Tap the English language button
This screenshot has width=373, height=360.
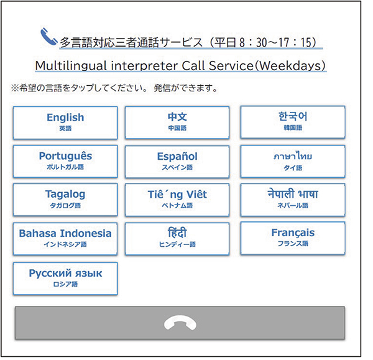click(x=65, y=122)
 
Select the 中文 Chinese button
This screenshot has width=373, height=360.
click(x=177, y=122)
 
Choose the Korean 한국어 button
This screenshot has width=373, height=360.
click(x=293, y=122)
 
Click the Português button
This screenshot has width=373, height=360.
click(x=65, y=161)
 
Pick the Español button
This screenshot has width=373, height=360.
click(x=177, y=162)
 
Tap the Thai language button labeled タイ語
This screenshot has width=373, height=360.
click(x=293, y=162)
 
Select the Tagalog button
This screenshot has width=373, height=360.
click(x=65, y=200)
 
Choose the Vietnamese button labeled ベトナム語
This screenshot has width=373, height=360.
click(x=177, y=200)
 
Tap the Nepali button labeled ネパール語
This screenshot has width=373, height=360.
click(x=293, y=200)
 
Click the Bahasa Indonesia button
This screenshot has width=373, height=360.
click(x=65, y=239)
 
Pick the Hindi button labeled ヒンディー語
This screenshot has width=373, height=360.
click(x=177, y=239)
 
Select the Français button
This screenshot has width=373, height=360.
click(x=293, y=238)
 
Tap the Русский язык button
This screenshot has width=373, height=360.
click(x=65, y=279)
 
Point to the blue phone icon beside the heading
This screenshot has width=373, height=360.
click(x=48, y=37)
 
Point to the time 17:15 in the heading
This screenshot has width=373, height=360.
click(x=295, y=43)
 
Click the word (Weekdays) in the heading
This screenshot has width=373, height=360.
click(x=290, y=65)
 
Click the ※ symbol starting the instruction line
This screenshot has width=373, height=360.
click(x=14, y=88)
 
